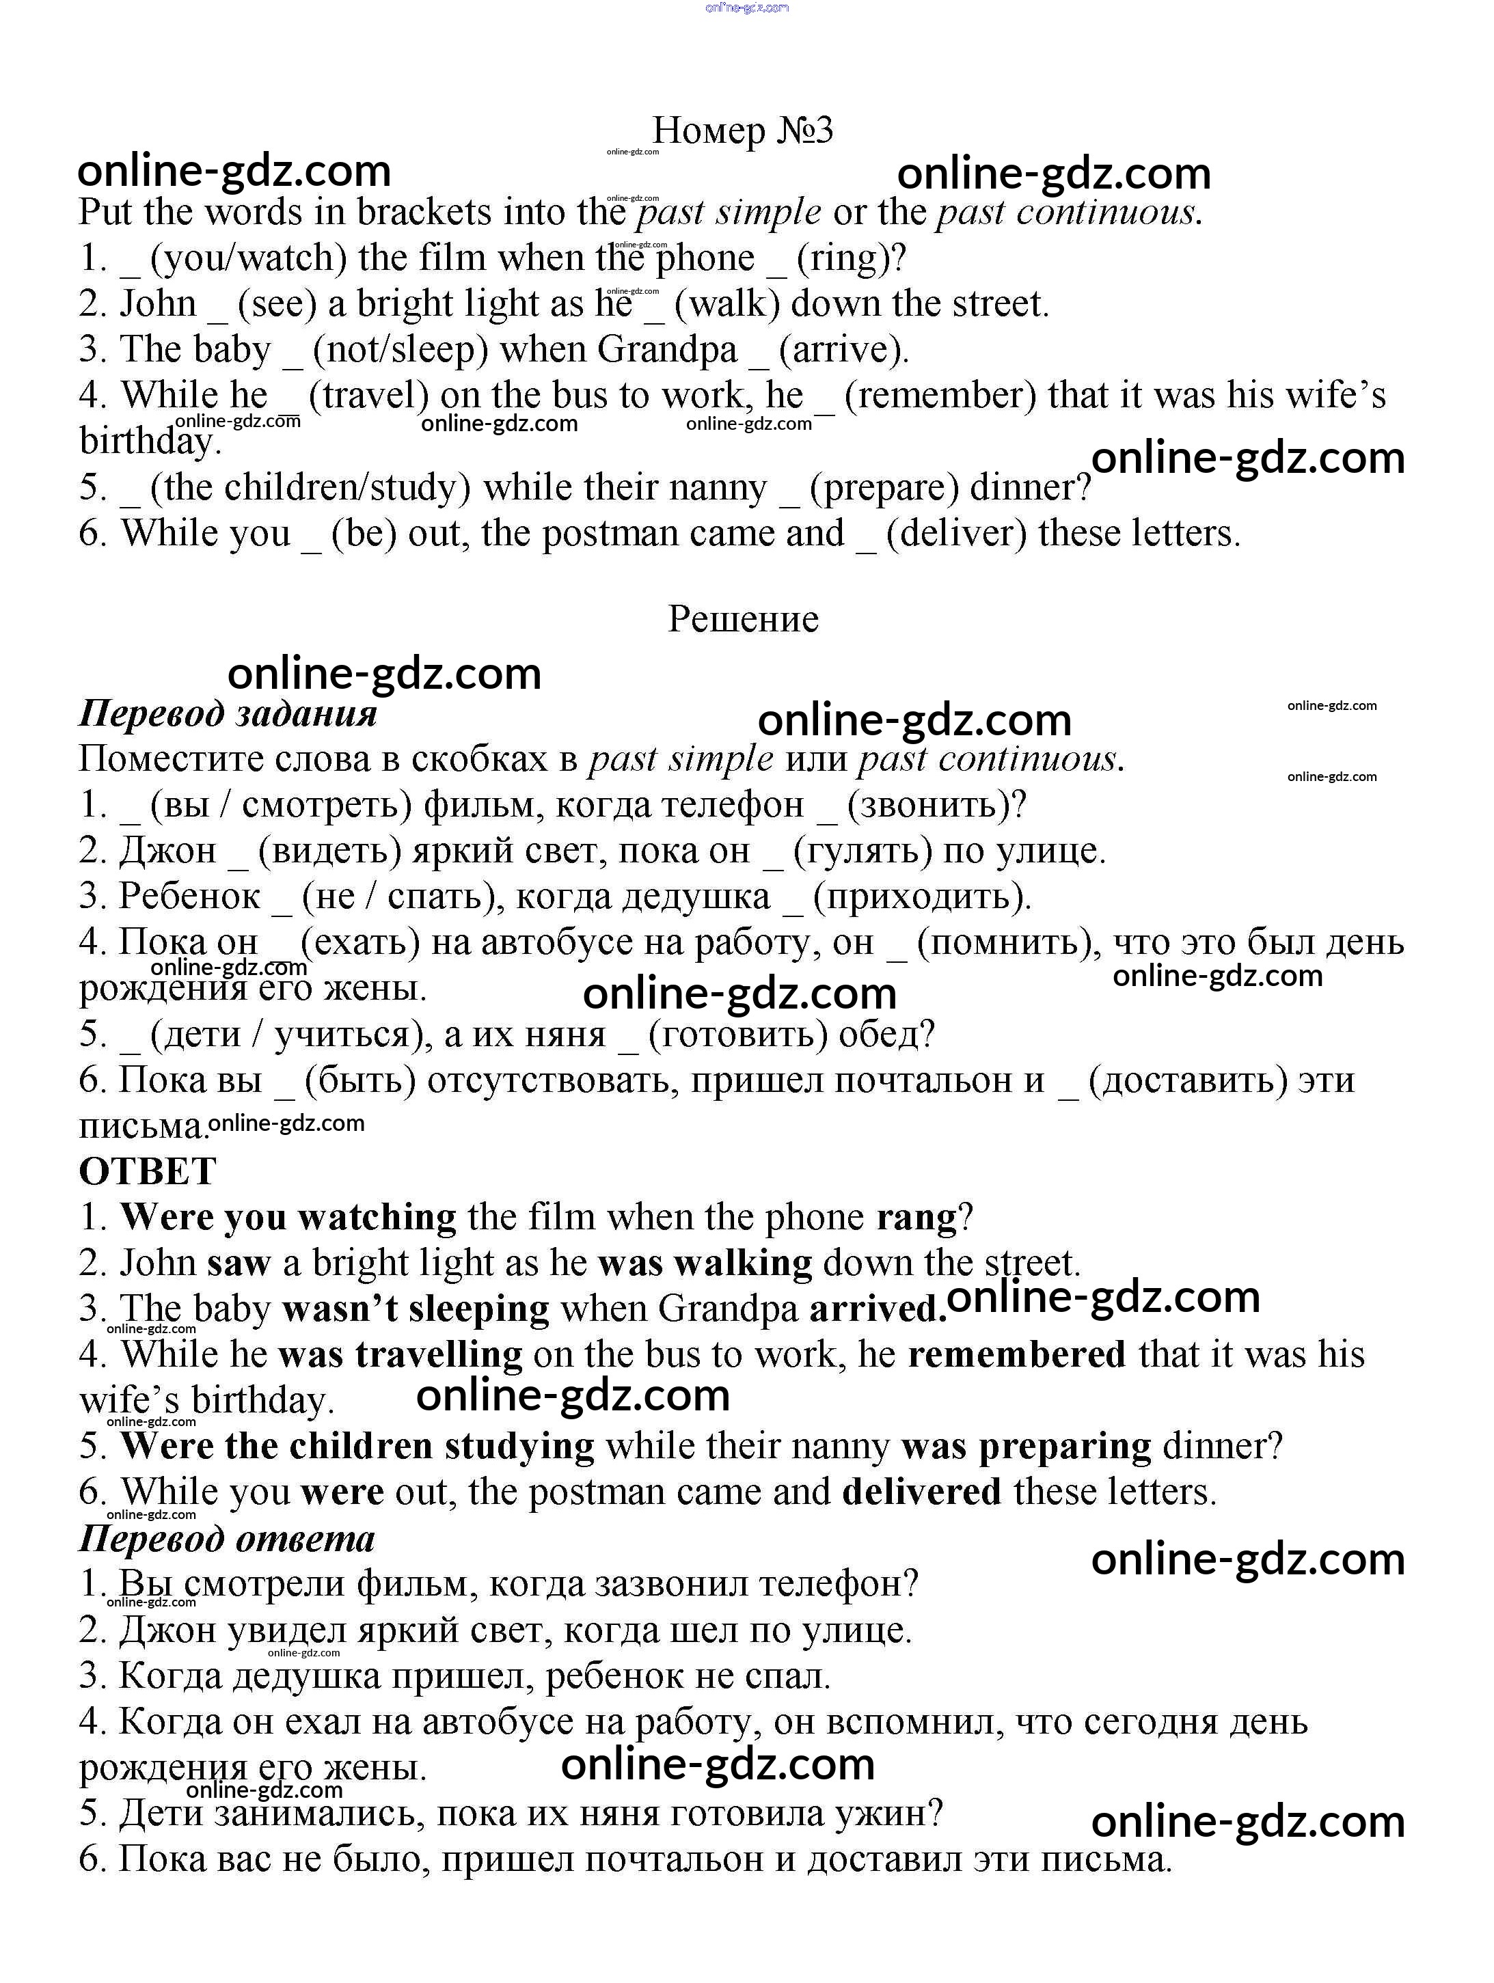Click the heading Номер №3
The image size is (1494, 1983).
(x=742, y=131)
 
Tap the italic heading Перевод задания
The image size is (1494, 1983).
(x=228, y=713)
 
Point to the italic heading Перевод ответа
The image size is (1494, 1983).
(x=227, y=1540)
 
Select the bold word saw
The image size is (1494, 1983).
(x=239, y=1263)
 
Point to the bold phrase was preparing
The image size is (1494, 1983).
(x=1026, y=1446)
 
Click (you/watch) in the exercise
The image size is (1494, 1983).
(x=248, y=258)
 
